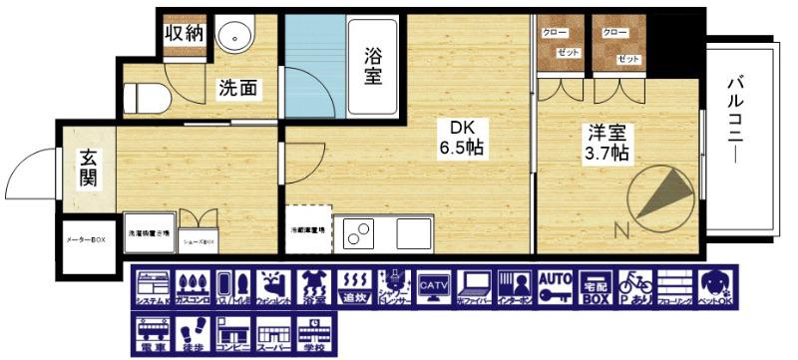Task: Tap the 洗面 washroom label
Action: click(239, 89)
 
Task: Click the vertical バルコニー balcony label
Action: click(738, 121)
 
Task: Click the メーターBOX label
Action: click(86, 240)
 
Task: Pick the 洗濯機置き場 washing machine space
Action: click(150, 233)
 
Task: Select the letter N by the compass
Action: click(621, 232)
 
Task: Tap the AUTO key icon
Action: click(555, 287)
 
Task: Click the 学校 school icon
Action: click(313, 335)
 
